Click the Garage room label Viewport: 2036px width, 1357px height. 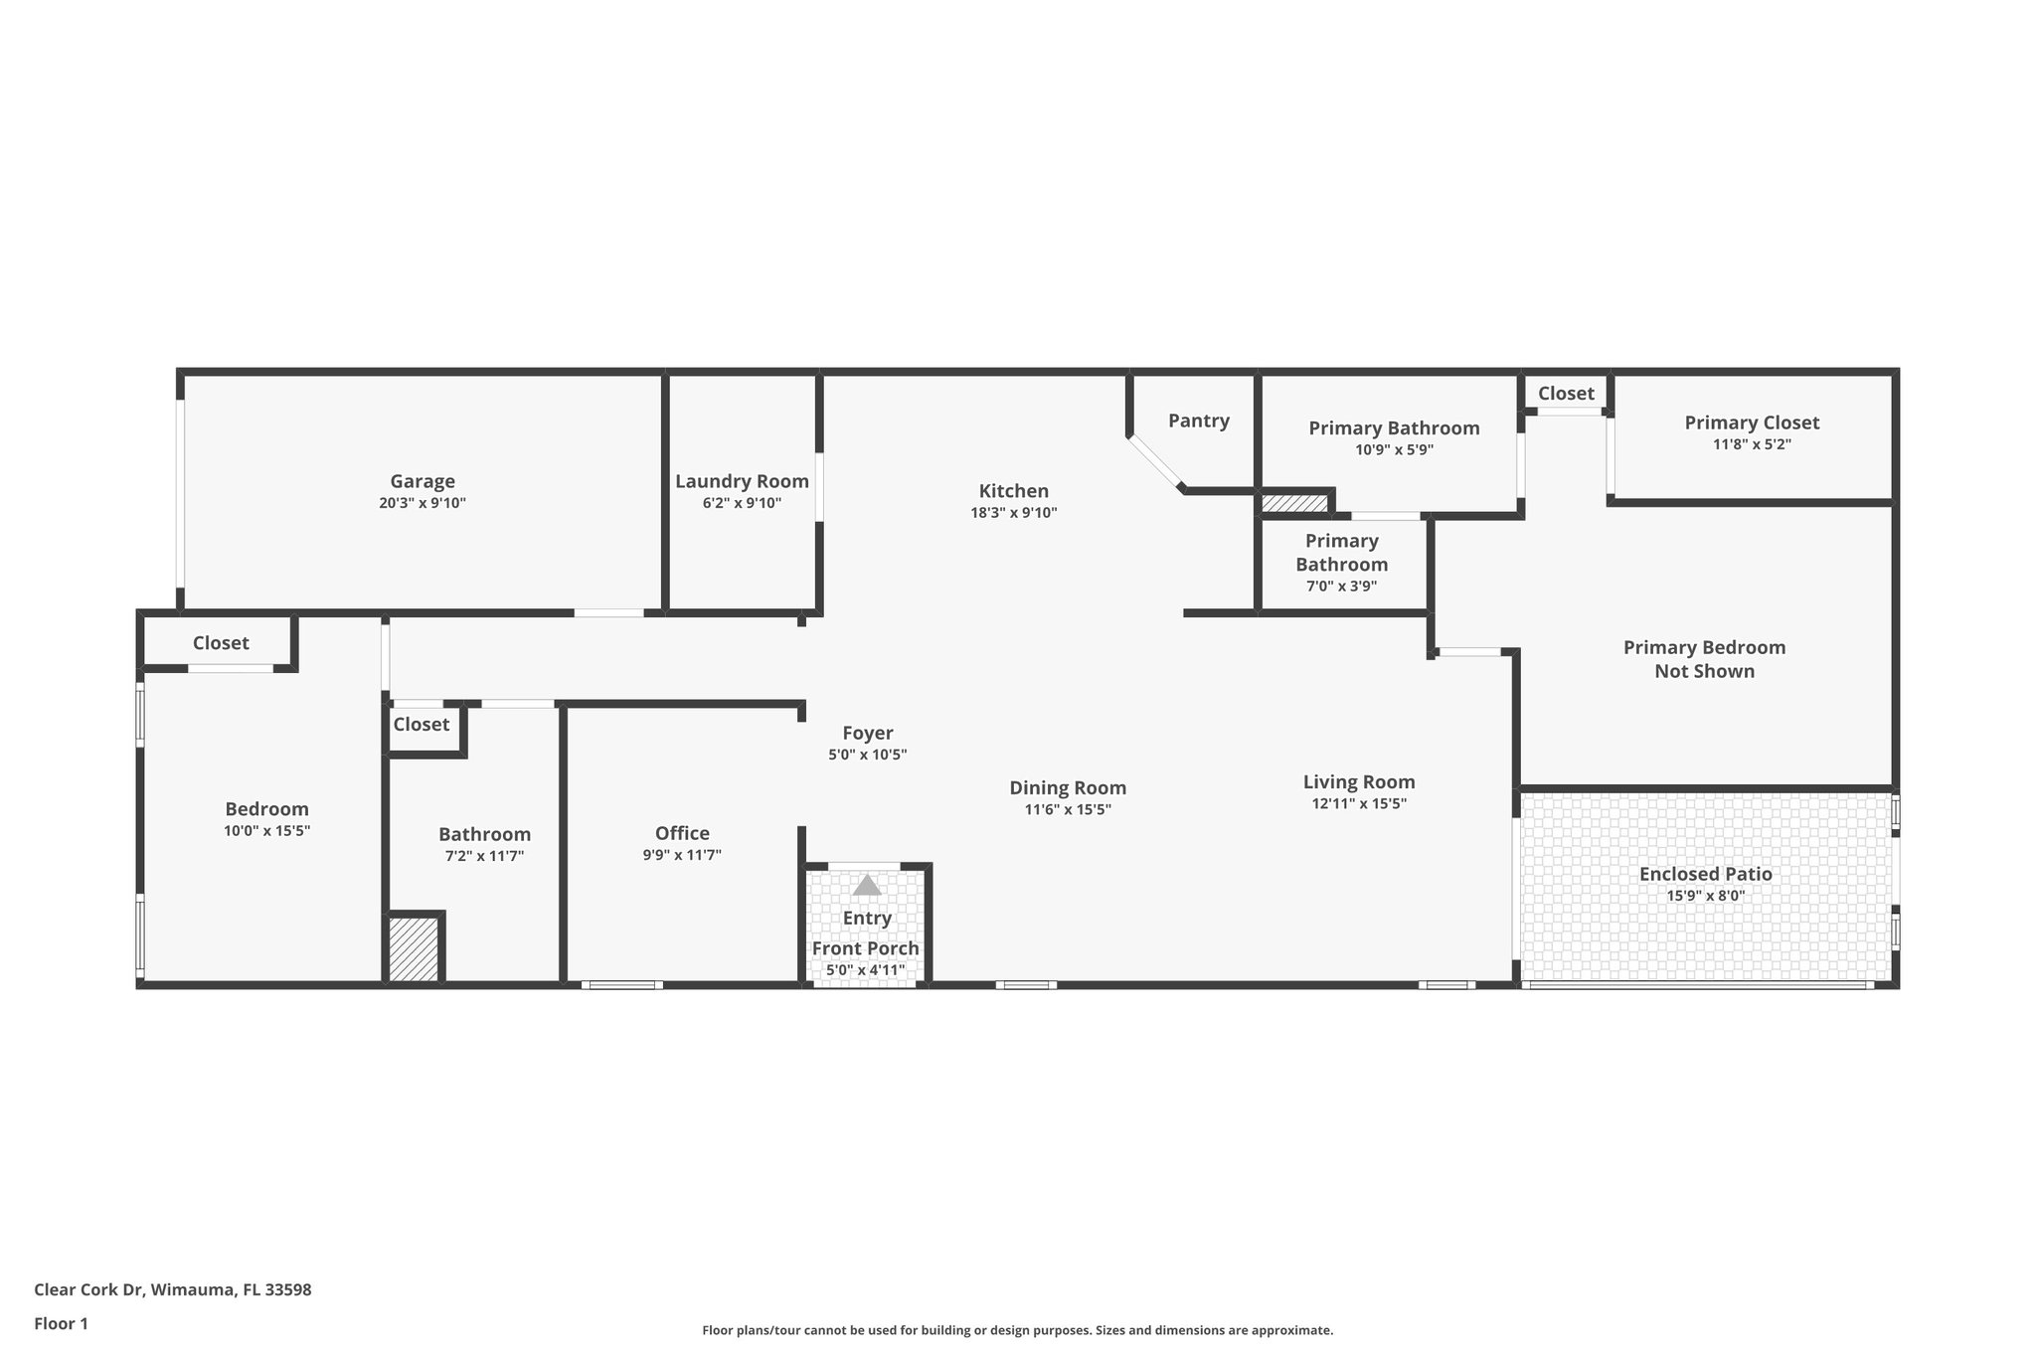422,482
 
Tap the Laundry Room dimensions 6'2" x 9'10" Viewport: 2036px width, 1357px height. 742,504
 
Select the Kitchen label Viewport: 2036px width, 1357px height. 1013,491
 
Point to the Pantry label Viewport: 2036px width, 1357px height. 1198,421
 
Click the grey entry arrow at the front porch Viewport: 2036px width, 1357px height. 867,885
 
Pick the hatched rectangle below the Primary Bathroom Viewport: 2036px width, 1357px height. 1294,503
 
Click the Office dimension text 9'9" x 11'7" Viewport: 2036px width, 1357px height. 682,855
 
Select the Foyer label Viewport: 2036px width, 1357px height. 867,734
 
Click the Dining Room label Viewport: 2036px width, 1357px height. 1068,788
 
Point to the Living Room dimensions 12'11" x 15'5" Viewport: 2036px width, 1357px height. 1359,804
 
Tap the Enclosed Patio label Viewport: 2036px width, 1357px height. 1705,875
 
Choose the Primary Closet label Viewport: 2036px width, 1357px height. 1752,423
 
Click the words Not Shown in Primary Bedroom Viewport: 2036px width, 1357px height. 1704,672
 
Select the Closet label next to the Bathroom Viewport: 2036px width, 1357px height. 421,725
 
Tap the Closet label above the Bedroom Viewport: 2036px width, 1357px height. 221,643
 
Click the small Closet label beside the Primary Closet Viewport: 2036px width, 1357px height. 1566,394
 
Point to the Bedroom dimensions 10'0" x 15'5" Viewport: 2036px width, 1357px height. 266,831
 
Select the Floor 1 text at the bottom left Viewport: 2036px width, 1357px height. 61,1324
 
